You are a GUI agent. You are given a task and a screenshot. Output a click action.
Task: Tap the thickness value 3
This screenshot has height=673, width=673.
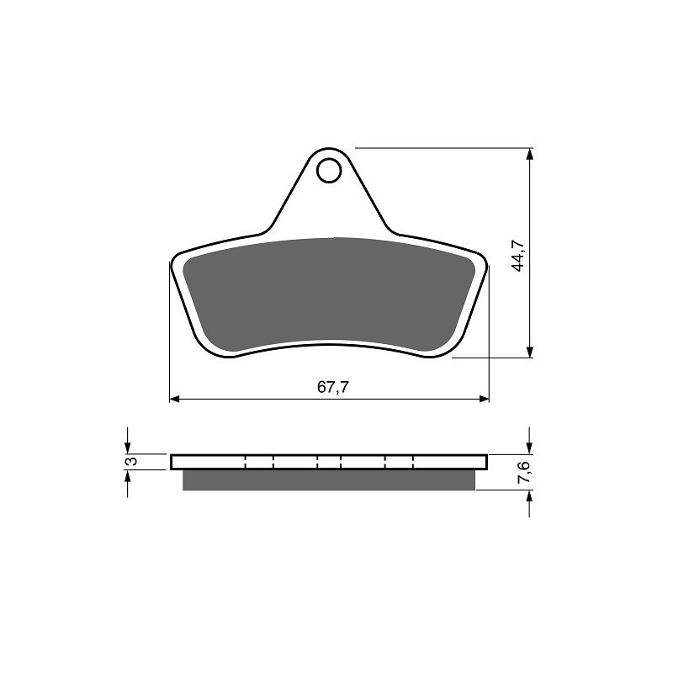pos(129,462)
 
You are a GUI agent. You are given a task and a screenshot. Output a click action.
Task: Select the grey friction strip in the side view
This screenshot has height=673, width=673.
pos(328,480)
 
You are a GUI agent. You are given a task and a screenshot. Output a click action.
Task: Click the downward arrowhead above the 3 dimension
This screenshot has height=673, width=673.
pos(128,448)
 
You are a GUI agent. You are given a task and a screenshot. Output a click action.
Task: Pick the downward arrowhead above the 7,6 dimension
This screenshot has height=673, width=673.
pos(529,448)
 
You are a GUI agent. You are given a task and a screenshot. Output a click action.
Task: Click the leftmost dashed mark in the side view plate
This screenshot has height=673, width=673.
pos(244,462)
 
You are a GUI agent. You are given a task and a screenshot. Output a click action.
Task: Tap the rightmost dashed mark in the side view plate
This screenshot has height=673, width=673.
pos(415,462)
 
